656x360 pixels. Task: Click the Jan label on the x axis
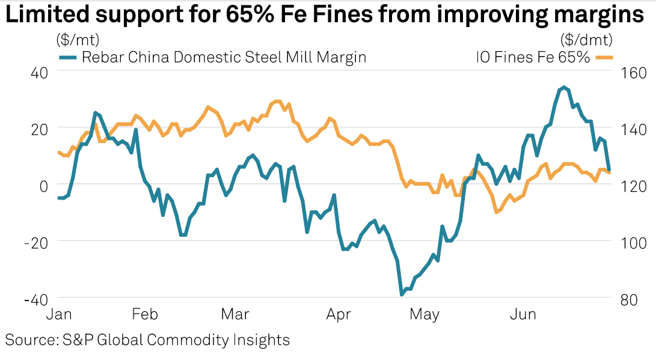pos(60,315)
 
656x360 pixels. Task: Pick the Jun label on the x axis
pos(523,315)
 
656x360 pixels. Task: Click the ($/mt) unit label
pos(78,40)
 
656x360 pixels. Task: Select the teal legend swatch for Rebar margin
pos(67,57)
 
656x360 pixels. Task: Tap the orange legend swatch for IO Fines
pos(603,57)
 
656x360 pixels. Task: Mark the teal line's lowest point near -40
pos(402,294)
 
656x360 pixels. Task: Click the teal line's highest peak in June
pos(563,87)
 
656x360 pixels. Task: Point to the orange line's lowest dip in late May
pos(496,212)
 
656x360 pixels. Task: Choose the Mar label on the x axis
pos(235,315)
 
